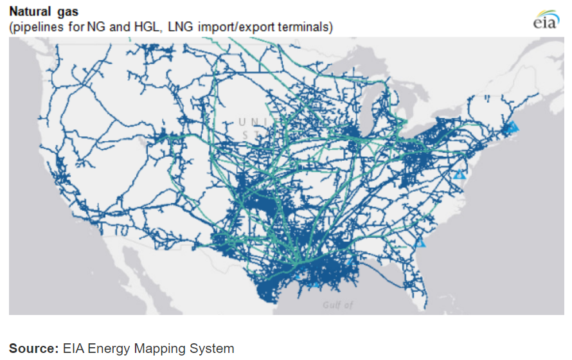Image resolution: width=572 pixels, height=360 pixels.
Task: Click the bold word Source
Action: pos(33,348)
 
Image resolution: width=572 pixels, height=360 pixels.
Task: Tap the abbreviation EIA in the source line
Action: pos(73,348)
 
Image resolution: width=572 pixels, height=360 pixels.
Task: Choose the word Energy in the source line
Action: pos(108,348)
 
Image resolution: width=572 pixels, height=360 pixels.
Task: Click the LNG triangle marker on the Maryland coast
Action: pos(458,174)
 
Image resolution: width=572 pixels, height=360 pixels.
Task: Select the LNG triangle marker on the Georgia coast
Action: pos(420,243)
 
